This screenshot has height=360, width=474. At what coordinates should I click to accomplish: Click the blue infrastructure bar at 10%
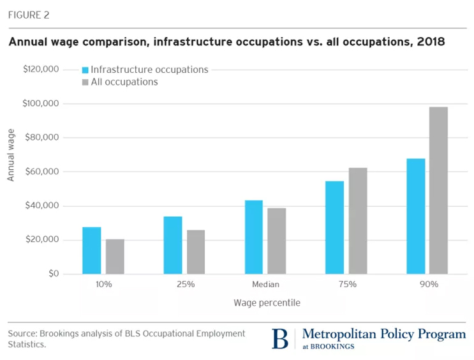(x=91, y=250)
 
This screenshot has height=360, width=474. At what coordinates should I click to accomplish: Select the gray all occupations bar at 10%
(x=115, y=257)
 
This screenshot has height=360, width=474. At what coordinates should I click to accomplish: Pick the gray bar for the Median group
(x=277, y=241)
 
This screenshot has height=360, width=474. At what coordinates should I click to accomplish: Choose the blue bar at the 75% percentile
(x=334, y=227)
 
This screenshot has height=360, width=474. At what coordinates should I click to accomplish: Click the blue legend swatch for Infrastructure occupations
(x=84, y=70)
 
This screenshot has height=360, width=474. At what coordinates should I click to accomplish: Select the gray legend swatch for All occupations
(x=84, y=82)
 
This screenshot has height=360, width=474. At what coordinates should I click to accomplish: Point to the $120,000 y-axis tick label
(x=41, y=69)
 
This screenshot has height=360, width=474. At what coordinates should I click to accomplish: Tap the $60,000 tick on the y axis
(x=43, y=172)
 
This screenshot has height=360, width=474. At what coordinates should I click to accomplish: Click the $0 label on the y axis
(x=53, y=274)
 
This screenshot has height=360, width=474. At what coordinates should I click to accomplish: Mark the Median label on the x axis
(x=265, y=284)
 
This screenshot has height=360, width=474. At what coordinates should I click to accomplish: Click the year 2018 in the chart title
(x=431, y=43)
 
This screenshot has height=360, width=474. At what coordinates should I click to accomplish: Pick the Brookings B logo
(x=280, y=338)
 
